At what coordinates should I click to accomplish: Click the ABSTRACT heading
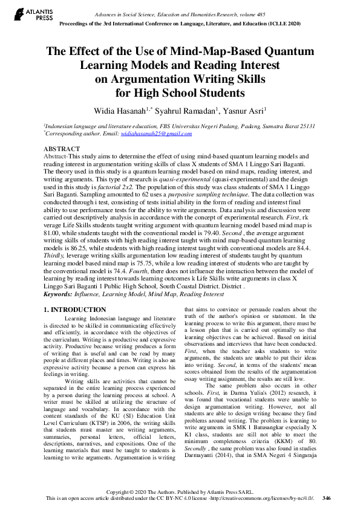point(61,149)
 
